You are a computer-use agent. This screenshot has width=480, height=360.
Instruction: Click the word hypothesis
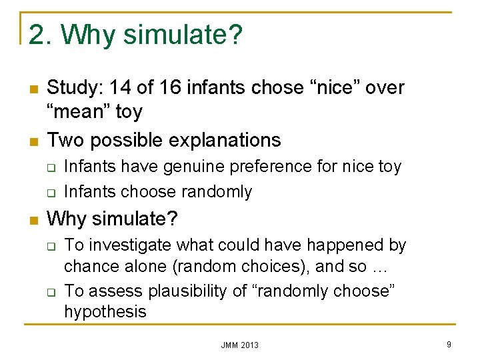point(105,311)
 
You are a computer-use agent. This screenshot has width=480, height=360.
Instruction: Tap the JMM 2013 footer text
point(240,345)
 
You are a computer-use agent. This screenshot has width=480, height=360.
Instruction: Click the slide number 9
point(449,344)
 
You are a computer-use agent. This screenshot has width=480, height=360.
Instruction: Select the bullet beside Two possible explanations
point(31,141)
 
